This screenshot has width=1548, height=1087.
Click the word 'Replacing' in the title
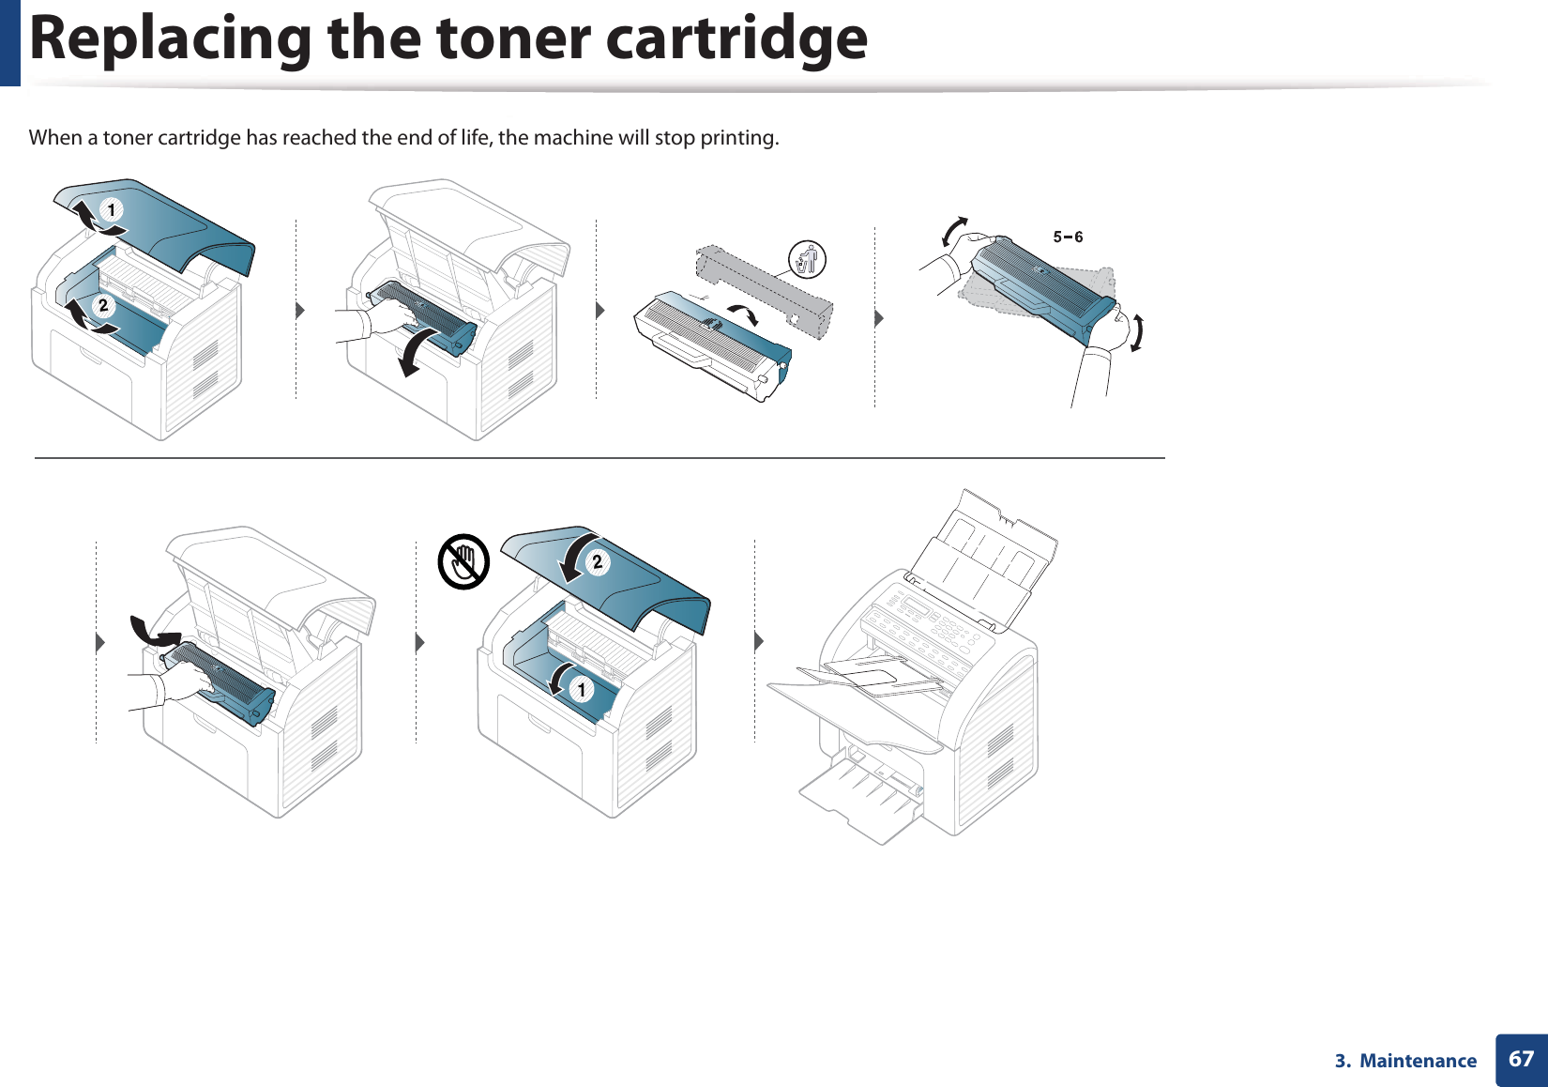pyautogui.click(x=170, y=39)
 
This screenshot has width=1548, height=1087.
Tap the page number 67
pyautogui.click(x=1521, y=1059)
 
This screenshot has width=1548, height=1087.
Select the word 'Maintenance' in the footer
pyautogui.click(x=1418, y=1061)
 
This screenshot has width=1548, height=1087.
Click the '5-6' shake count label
pyautogui.click(x=1068, y=237)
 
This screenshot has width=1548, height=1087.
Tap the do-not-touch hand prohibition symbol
pyautogui.click(x=463, y=562)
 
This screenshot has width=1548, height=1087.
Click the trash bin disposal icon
pyautogui.click(x=807, y=259)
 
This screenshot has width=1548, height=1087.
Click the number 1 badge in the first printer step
pyautogui.click(x=112, y=209)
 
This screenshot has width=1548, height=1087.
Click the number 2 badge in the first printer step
pyautogui.click(x=103, y=305)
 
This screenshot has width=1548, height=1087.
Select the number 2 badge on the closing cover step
pyautogui.click(x=597, y=562)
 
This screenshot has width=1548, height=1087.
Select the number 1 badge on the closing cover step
pyautogui.click(x=581, y=690)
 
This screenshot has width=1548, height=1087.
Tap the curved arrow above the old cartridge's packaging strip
pyautogui.click(x=743, y=314)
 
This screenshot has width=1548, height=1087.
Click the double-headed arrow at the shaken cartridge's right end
pyautogui.click(x=1137, y=333)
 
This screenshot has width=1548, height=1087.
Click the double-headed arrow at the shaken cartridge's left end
pyautogui.click(x=954, y=231)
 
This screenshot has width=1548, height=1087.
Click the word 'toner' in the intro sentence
pyautogui.click(x=129, y=138)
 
